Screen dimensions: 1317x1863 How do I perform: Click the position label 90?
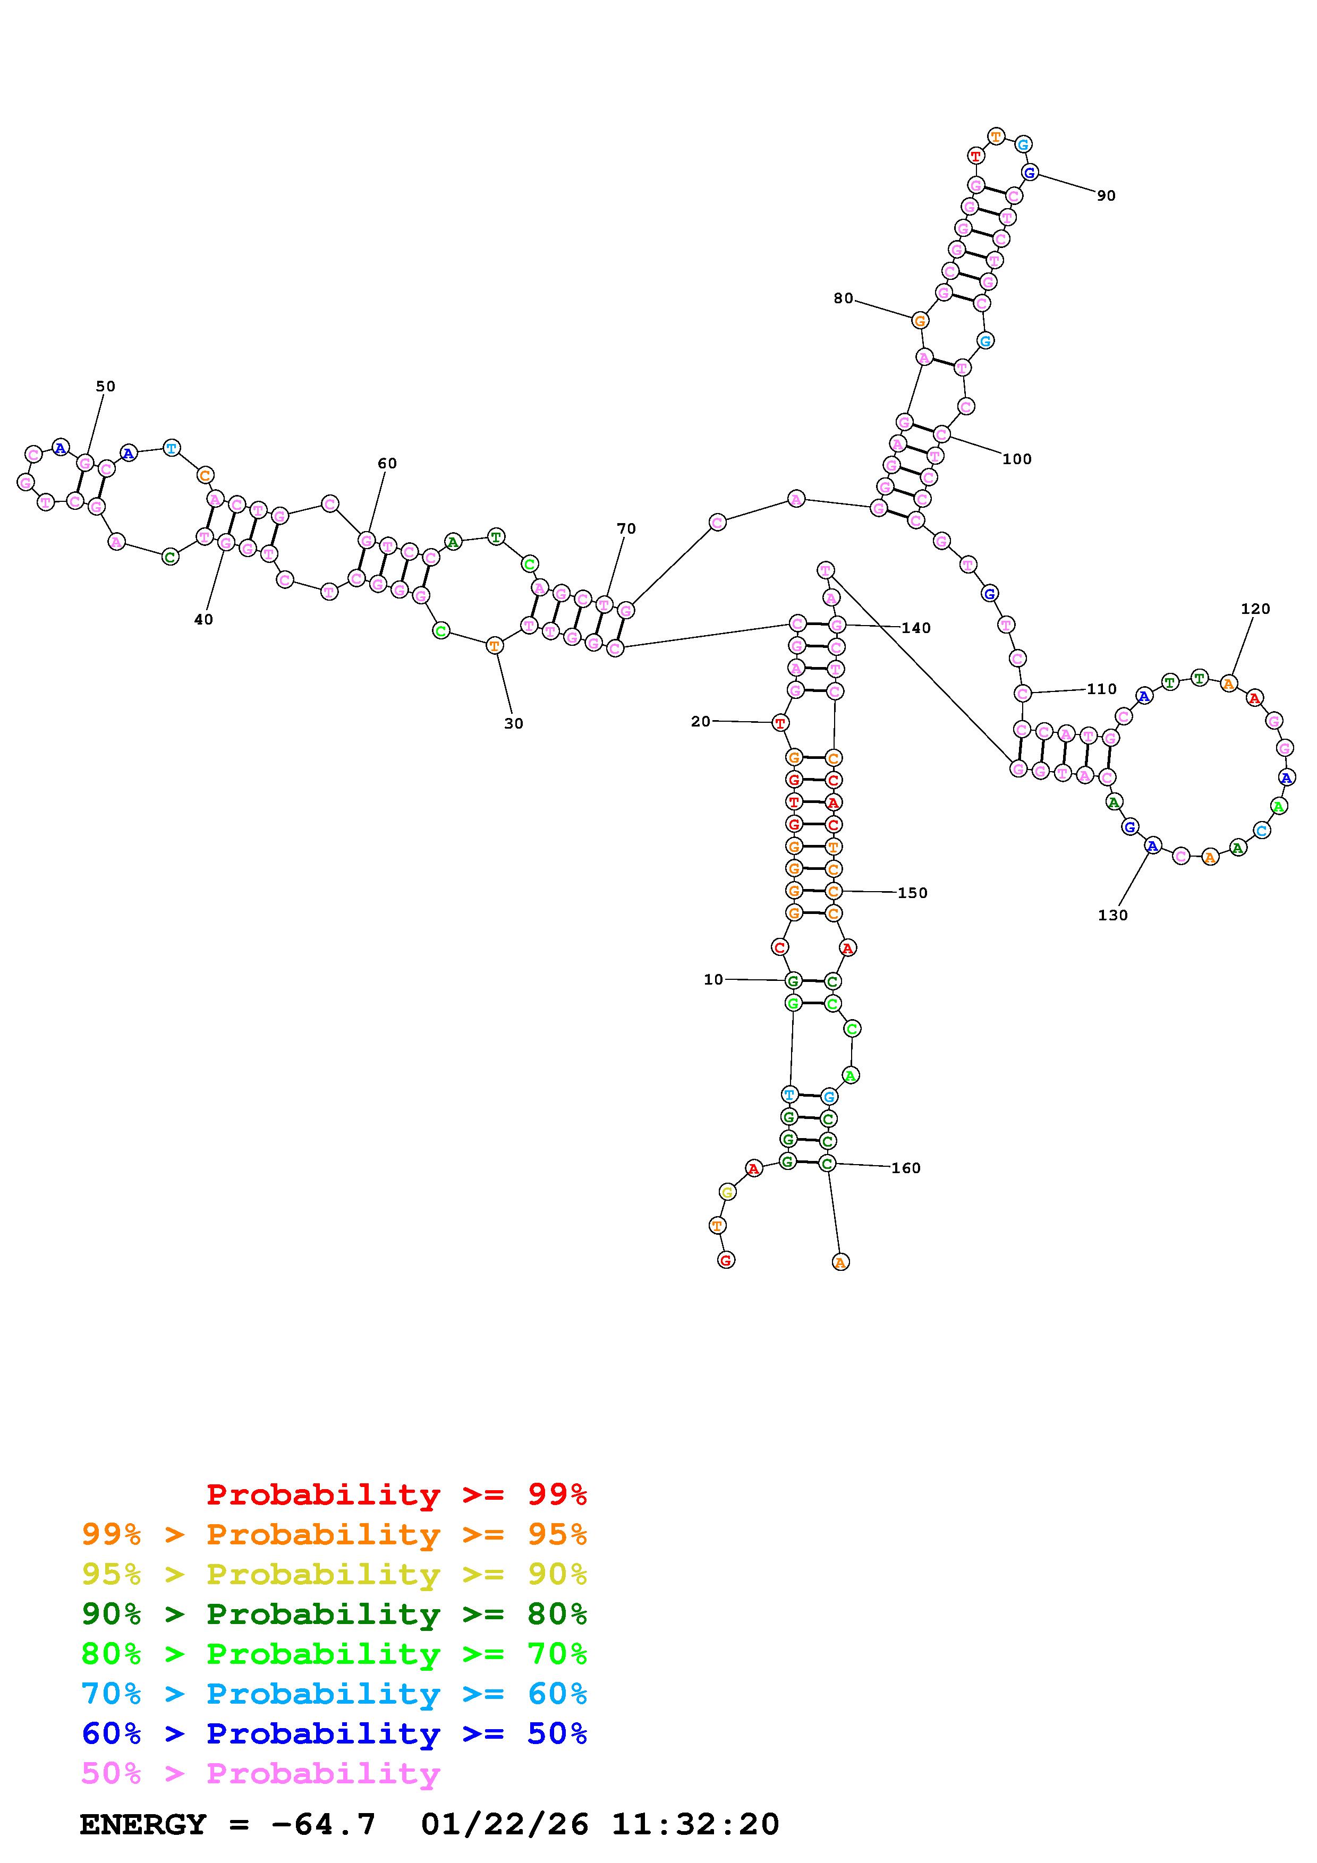(x=1106, y=195)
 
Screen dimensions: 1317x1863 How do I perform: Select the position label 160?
(x=906, y=1168)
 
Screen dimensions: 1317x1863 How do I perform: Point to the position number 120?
(x=1255, y=609)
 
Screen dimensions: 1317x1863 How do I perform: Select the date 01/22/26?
(x=505, y=1824)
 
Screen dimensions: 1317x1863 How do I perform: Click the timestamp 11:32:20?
(x=695, y=1824)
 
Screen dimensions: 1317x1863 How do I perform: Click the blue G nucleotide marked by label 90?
(x=1029, y=172)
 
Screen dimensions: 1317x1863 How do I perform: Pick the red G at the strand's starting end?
(x=726, y=1260)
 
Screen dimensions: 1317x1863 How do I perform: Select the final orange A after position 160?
(x=840, y=1262)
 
